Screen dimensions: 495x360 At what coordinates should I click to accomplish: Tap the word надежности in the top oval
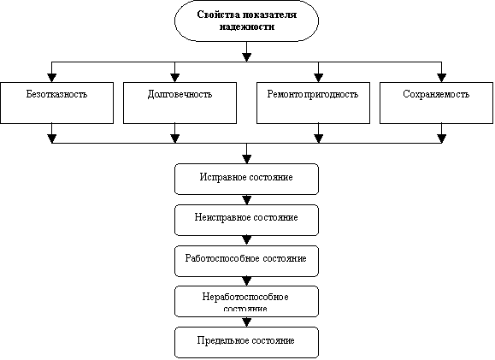(247, 27)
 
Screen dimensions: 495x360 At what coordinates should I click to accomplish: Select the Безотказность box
(56, 103)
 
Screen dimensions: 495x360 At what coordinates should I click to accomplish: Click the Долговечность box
(180, 103)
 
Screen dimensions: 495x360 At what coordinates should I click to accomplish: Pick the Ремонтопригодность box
(313, 103)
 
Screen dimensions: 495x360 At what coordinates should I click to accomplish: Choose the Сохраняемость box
(436, 103)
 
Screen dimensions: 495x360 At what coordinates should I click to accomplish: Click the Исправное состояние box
(246, 179)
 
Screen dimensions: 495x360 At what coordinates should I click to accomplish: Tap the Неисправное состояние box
(246, 220)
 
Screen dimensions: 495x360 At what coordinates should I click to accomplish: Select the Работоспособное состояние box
(246, 261)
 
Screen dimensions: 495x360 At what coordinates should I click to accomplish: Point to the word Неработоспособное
(245, 298)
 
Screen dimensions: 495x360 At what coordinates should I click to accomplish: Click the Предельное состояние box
(246, 342)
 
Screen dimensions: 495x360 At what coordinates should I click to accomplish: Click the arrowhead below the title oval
(246, 57)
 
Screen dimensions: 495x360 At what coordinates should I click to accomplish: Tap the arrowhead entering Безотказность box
(52, 78)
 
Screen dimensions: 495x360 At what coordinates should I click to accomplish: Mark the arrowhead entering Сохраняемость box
(441, 78)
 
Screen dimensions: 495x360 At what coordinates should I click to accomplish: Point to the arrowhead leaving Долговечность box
(175, 139)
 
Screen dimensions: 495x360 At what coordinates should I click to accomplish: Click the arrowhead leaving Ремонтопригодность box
(319, 139)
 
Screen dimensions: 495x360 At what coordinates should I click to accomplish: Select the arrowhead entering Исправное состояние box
(246, 159)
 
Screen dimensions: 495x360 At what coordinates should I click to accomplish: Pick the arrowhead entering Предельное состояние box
(246, 322)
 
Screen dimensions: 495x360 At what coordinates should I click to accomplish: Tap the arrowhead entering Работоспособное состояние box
(246, 240)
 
